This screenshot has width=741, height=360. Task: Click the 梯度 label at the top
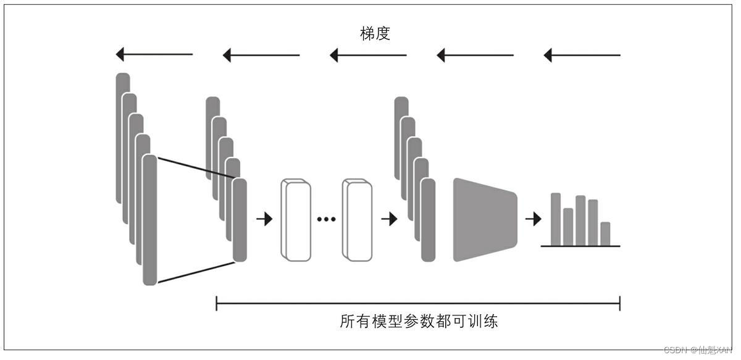(375, 34)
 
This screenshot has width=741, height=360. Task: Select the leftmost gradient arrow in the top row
(154, 55)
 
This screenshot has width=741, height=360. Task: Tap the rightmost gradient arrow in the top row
(582, 55)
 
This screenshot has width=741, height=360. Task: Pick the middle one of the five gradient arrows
(368, 55)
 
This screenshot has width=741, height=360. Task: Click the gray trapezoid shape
(484, 219)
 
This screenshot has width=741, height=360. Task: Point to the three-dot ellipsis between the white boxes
(326, 219)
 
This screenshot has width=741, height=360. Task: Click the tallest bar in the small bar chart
(556, 219)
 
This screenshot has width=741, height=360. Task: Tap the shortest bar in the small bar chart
(605, 234)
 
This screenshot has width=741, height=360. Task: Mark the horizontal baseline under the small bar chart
(580, 246)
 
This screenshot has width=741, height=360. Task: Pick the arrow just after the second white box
(390, 219)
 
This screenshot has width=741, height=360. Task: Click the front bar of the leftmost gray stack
(149, 219)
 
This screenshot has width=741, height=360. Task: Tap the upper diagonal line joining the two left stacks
(195, 168)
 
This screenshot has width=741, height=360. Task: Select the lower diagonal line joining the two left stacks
(195, 272)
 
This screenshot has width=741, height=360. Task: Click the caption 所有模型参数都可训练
(419, 322)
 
